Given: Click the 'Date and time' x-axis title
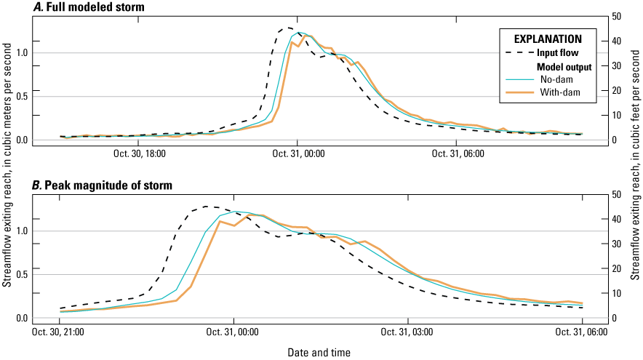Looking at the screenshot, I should click(318, 353).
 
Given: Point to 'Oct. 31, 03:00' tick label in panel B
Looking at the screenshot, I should click(410, 332).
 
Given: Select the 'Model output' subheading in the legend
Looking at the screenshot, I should click(569, 66).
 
